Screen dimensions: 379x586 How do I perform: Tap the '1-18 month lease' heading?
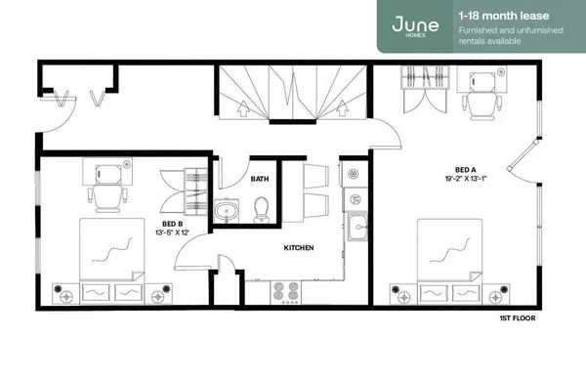click(497, 16)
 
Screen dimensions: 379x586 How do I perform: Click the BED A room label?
click(465, 168)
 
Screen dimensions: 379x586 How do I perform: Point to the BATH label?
click(259, 179)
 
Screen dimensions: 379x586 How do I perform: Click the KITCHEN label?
click(298, 249)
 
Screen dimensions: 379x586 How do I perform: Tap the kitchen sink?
click(358, 230)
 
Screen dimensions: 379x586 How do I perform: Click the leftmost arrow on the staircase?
click(242, 107)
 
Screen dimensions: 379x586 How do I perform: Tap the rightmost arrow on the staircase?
click(341, 107)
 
